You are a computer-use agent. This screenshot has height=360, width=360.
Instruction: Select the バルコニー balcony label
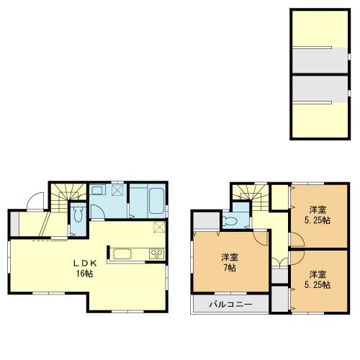pyautogui.click(x=230, y=305)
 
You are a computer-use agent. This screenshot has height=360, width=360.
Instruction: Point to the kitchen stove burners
pyautogui.click(x=156, y=254)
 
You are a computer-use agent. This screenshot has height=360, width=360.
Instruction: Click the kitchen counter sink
pyautogui.click(x=121, y=254)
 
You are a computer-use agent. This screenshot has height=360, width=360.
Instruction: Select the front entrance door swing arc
pyautogui.click(x=32, y=203)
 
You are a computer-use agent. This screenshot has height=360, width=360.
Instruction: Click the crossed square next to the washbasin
pyautogui.click(x=115, y=191)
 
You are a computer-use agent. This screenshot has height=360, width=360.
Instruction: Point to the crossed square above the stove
pyautogui.click(x=160, y=228)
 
